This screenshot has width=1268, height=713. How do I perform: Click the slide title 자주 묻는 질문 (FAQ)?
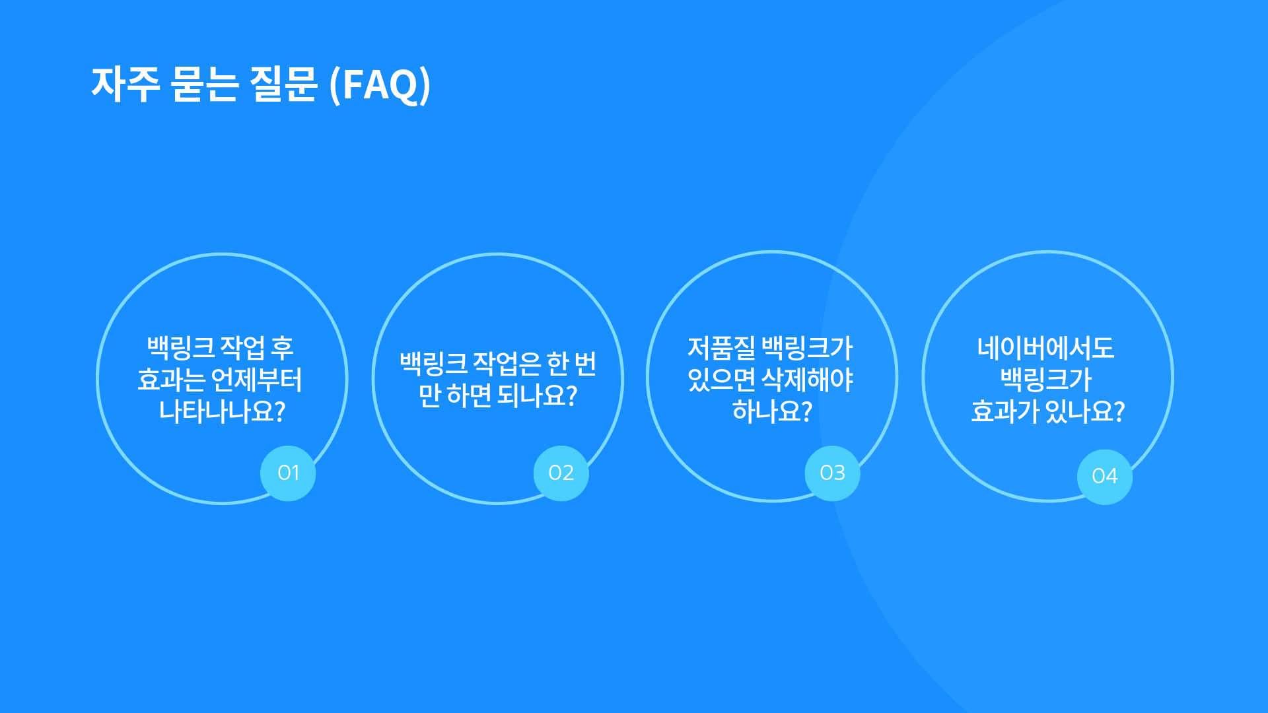(261, 85)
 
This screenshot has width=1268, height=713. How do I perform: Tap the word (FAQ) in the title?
(380, 85)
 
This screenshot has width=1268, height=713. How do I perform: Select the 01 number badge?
(288, 473)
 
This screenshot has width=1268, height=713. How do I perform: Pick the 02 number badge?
(561, 473)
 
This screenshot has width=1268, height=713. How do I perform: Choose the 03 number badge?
(832, 473)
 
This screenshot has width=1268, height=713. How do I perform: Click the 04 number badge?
(1105, 477)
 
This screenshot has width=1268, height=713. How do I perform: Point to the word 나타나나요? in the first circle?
(222, 411)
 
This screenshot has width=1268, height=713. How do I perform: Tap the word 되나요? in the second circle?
(537, 395)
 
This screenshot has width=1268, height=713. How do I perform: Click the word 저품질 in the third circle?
(721, 348)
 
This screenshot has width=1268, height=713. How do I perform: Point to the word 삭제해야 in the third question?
(807, 380)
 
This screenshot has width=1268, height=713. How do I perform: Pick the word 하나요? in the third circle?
(772, 411)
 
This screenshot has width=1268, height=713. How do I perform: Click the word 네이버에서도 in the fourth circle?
(1046, 348)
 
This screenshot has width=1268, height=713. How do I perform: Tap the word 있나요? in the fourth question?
(1085, 411)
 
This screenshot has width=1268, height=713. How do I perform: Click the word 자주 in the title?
(125, 85)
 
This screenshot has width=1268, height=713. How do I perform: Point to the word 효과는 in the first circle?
(172, 380)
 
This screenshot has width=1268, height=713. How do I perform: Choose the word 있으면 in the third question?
(721, 380)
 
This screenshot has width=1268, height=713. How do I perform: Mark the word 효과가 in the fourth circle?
(1005, 411)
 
